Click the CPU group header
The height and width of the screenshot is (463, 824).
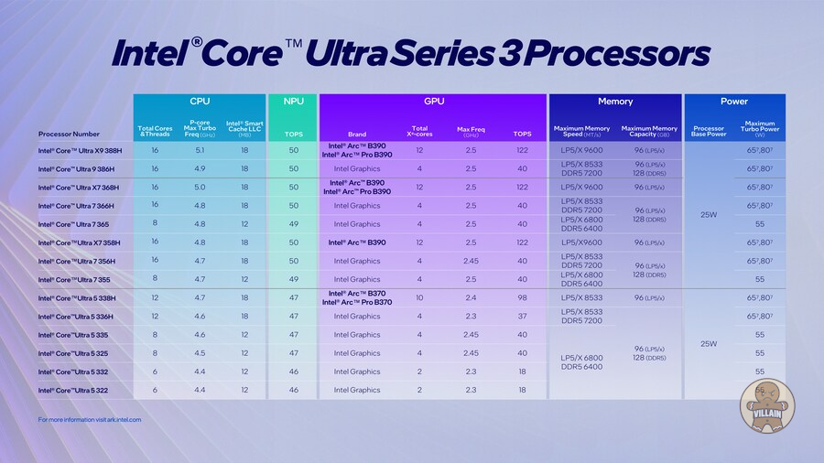[x=200, y=102]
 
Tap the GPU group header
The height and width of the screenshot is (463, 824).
[x=434, y=102]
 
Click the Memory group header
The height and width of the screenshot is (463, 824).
[x=615, y=102]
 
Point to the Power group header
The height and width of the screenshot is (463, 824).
[x=734, y=102]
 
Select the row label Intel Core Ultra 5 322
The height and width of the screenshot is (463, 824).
[x=75, y=390]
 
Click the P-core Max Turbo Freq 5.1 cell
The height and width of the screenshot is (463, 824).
[x=201, y=150]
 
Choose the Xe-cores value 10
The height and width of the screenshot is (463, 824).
[x=419, y=298]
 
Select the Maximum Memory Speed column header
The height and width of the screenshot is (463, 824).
[x=581, y=131]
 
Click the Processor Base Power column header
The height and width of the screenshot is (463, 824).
[x=709, y=131]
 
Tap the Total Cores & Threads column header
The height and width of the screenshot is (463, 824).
[x=155, y=131]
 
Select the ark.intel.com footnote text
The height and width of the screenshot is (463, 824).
[x=90, y=420]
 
